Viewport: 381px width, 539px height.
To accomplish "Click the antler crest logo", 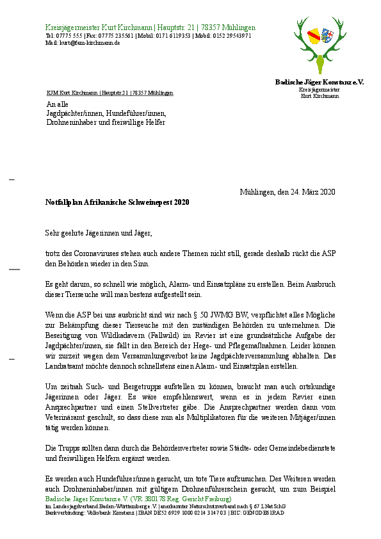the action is point(320,44).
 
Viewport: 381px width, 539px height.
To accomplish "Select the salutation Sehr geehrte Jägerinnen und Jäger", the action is point(99,234).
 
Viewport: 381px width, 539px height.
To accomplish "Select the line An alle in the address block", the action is point(57,104).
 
